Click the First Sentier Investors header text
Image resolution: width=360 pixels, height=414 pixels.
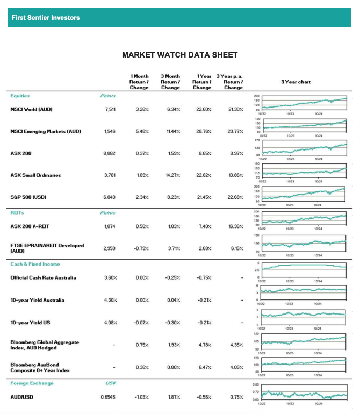coord(45,18)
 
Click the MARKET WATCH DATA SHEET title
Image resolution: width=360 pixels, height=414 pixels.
coord(179,55)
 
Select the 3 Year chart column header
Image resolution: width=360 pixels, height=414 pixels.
coord(296,82)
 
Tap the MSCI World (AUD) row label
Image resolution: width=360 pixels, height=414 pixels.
coord(31,109)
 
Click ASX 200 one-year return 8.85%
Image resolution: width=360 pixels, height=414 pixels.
coord(202,153)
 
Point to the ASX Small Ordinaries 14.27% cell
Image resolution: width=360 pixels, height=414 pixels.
coord(172,175)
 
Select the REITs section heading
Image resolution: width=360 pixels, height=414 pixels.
coord(17,213)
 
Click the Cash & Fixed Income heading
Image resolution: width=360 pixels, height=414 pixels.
coord(35,264)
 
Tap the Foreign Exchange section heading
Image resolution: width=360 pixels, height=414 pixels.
coord(31,383)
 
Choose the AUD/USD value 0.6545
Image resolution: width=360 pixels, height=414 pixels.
coord(108,397)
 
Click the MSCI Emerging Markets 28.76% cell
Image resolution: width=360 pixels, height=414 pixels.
coord(202,131)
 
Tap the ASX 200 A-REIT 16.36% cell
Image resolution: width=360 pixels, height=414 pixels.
coord(234,226)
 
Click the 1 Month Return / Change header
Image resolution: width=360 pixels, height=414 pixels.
coord(139,82)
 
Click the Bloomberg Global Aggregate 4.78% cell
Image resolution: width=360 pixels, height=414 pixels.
coord(203,345)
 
